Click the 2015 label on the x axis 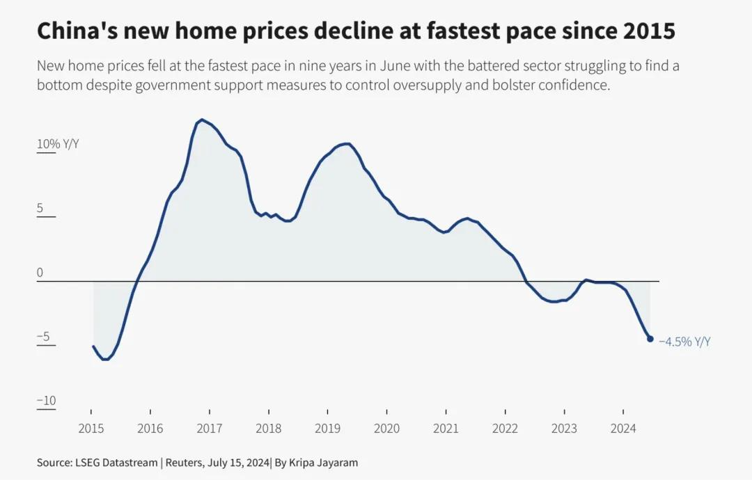[x=91, y=429]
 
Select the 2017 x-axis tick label [x=209, y=429]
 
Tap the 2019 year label [x=327, y=429]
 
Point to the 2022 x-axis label [x=505, y=429]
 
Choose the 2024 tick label [x=623, y=429]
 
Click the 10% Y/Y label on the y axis [x=58, y=144]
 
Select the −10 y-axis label [x=47, y=401]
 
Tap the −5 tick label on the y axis [x=43, y=336]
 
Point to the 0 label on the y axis [x=40, y=272]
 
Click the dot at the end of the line [x=650, y=339]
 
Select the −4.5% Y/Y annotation [x=684, y=342]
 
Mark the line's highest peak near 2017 [x=202, y=120]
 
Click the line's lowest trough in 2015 [x=105, y=359]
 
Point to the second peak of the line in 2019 [x=346, y=144]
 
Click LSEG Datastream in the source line [x=116, y=463]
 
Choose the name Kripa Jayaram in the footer [x=323, y=463]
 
